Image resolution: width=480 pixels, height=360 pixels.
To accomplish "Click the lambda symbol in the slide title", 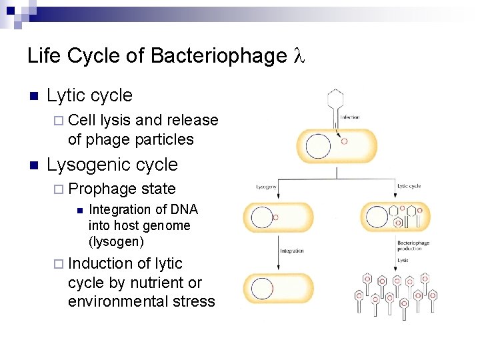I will point(299,56).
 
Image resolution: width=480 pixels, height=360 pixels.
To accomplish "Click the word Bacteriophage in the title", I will point(219,56).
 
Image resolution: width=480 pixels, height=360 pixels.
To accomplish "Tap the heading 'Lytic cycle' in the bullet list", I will point(89,95).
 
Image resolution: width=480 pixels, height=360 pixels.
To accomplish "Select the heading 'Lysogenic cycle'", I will point(112,164).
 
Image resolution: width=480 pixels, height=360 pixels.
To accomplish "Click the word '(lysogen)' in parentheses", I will point(115,241).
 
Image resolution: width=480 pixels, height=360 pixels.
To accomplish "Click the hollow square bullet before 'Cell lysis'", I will point(58,121).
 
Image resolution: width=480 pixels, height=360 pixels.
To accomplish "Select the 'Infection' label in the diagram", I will point(349,117).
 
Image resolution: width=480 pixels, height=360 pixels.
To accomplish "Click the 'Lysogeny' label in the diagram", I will point(267,187).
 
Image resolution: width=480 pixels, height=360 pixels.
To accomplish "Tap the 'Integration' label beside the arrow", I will point(292,251).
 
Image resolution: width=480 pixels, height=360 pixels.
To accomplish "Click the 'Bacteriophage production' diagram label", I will point(413,246).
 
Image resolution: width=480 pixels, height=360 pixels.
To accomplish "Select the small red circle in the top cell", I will point(344,141).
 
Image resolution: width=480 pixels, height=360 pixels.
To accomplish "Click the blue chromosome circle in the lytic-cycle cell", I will point(377,216).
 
